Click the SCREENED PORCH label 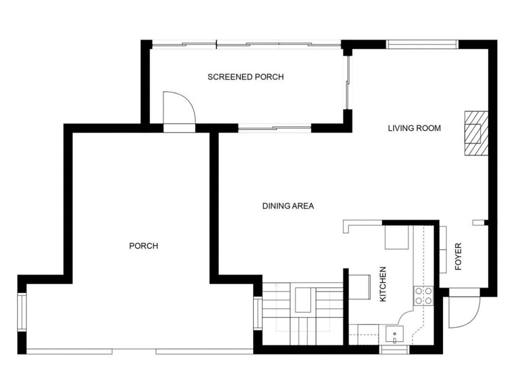click(245, 77)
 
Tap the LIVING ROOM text click(414, 128)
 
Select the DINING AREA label click(288, 206)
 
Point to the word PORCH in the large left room click(143, 246)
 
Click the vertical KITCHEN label click(383, 284)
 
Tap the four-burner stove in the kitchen click(423, 296)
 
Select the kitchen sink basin click(395, 335)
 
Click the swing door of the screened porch click(179, 109)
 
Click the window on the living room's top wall click(422, 44)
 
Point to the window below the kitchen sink click(394, 349)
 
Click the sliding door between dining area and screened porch click(274, 128)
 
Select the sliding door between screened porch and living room click(348, 83)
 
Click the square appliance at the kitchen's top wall click(396, 237)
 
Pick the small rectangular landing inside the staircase click(305, 301)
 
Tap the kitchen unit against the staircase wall click(359, 286)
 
